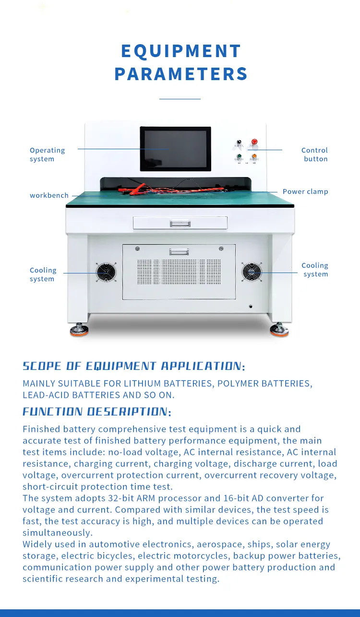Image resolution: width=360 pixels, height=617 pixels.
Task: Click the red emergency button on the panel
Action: (x=254, y=142)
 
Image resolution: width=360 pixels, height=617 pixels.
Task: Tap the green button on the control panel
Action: (x=240, y=156)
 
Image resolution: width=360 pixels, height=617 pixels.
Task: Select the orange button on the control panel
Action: (x=254, y=156)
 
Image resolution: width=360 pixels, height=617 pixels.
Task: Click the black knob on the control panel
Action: (x=239, y=142)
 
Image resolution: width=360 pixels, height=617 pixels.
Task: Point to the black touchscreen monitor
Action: (x=175, y=149)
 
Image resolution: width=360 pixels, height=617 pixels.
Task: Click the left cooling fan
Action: (x=106, y=273)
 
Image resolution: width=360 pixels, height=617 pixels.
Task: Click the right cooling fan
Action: (x=252, y=273)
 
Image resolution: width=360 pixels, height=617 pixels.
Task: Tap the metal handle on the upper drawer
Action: (x=180, y=223)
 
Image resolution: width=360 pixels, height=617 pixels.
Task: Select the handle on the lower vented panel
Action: (x=179, y=251)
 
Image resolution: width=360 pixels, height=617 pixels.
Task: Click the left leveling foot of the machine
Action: (x=79, y=331)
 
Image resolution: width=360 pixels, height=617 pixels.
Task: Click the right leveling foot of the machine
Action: (x=279, y=330)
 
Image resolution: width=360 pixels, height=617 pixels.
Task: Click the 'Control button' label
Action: (x=315, y=154)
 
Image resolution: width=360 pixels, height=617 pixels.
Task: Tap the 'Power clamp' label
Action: (x=305, y=191)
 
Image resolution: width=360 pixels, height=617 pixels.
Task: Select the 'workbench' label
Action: (x=49, y=196)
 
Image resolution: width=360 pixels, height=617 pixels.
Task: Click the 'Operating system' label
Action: (x=47, y=154)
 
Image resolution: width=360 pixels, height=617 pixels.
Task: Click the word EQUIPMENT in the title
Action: (x=181, y=51)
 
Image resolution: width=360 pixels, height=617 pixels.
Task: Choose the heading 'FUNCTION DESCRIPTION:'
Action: (x=97, y=412)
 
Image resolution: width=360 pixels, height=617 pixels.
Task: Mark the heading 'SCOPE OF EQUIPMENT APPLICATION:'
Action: (x=134, y=367)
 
